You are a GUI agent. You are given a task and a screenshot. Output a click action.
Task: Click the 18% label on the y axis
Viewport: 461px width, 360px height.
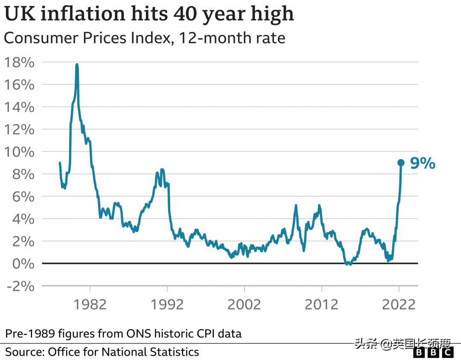(19, 62)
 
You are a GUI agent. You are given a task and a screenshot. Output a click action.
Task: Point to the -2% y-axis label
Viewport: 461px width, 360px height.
(19, 286)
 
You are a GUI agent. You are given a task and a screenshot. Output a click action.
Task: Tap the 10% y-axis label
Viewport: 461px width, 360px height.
(19, 152)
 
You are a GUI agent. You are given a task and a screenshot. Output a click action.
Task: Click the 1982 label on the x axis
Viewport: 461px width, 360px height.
(90, 305)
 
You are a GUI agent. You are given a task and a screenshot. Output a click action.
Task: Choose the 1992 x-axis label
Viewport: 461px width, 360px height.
(167, 305)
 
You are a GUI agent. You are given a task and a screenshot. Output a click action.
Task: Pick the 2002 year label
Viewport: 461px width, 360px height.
(244, 305)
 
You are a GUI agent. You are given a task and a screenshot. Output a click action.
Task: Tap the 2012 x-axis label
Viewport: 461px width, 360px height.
(321, 305)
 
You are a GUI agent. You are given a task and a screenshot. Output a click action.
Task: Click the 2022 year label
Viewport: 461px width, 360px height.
(398, 305)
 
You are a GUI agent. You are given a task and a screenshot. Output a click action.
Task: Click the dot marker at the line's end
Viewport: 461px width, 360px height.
(401, 163)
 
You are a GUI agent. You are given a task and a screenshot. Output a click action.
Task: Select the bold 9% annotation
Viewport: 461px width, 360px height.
(423, 163)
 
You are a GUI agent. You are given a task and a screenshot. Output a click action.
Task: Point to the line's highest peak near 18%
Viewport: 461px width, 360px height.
(77, 65)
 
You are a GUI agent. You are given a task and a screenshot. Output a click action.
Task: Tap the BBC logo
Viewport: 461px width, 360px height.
(434, 352)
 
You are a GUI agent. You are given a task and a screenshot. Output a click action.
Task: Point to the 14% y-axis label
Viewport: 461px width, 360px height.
(19, 107)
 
